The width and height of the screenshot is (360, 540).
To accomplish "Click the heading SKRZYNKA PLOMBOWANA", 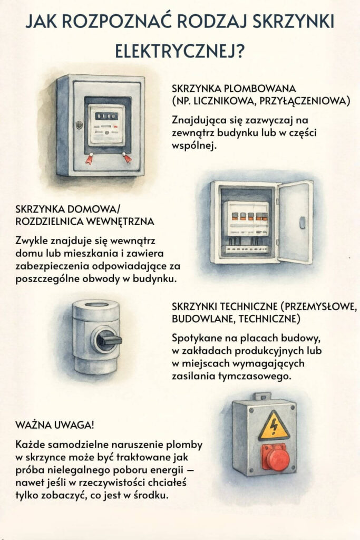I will (x=234, y=88).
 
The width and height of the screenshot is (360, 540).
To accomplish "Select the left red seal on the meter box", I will (x=89, y=158).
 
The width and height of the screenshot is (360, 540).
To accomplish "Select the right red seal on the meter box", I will (x=127, y=157).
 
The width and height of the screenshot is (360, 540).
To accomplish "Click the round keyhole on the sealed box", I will (x=79, y=125).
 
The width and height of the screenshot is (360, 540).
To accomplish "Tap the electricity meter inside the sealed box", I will (x=107, y=124).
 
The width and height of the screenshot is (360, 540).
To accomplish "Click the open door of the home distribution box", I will (x=296, y=221).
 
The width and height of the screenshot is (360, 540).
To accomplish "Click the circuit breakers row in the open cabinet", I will (x=247, y=216).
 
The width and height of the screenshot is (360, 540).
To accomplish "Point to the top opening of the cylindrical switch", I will (x=96, y=305).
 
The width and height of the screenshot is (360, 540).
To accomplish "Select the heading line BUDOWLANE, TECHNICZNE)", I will (x=236, y=319).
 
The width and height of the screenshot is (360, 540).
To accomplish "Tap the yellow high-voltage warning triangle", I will (x=273, y=426).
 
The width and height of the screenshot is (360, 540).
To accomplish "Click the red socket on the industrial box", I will (x=276, y=457).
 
